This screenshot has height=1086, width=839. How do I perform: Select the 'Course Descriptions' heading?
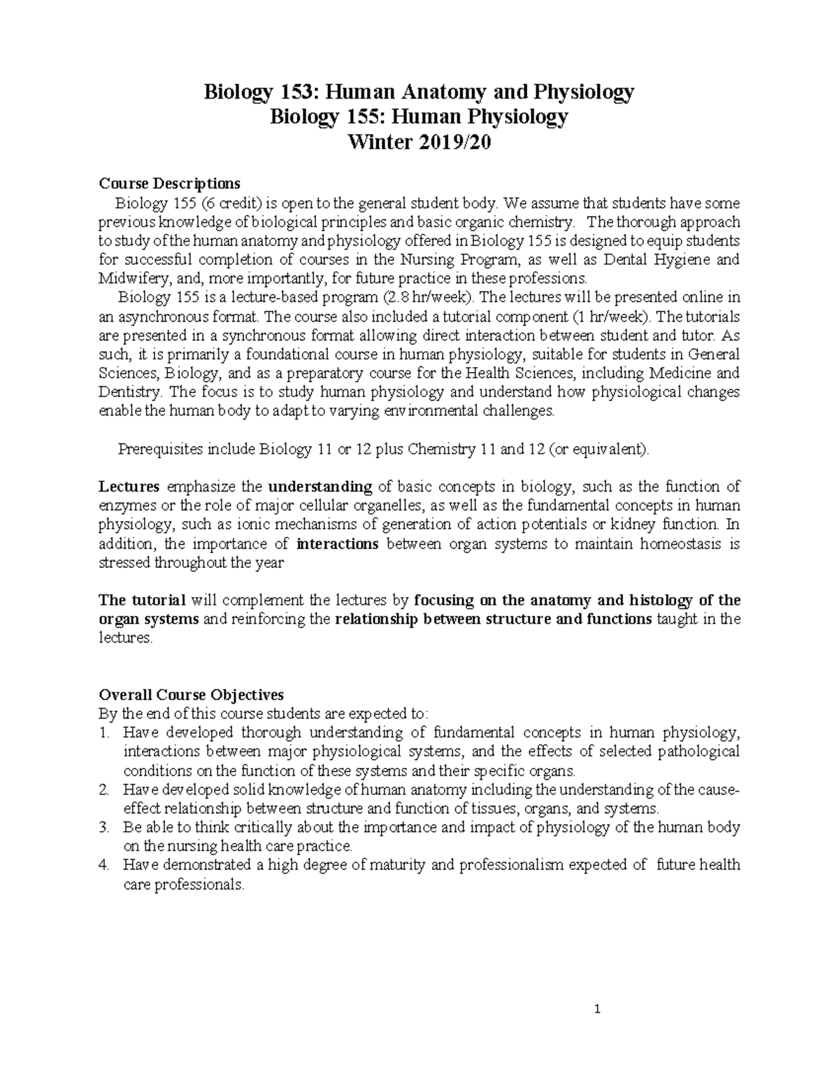tap(170, 183)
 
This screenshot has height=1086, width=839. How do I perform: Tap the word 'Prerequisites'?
tap(159, 449)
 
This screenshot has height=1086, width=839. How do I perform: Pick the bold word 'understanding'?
tap(320, 487)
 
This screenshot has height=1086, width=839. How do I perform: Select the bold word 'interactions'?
tap(338, 543)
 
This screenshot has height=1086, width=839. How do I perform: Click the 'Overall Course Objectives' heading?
tap(192, 695)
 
